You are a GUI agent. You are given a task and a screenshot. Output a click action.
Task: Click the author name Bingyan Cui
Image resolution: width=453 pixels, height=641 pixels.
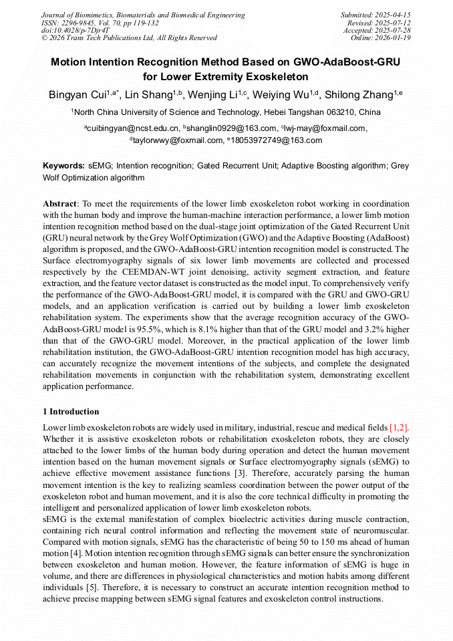pos(76,94)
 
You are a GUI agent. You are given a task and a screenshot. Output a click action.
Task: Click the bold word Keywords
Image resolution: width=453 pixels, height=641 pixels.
pos(63,166)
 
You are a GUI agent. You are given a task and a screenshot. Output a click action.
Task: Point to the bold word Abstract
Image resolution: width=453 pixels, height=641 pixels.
pos(60,203)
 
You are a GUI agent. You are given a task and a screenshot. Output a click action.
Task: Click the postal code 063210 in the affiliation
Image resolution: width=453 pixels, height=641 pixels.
pos(332,112)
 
